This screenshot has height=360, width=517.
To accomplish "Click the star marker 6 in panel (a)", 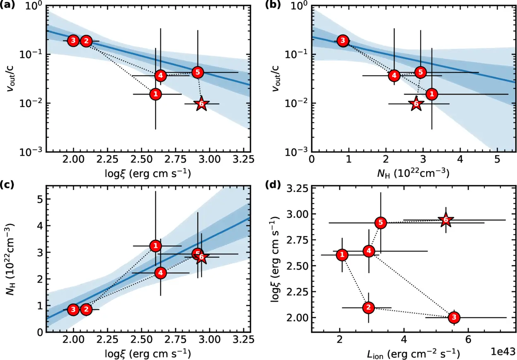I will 201,104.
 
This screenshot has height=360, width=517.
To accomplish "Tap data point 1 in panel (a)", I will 156,94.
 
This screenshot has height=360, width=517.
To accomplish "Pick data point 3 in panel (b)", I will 342,41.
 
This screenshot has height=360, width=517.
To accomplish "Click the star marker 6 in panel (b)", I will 416,104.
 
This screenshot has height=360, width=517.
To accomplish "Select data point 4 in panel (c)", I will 160,273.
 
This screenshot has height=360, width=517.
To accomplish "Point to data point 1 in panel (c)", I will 156,246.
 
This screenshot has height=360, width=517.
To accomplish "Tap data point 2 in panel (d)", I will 369,307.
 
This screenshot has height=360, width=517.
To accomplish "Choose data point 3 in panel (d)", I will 454,317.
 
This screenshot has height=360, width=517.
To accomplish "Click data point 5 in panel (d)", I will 381,223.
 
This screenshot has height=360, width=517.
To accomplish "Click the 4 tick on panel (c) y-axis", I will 40,226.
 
